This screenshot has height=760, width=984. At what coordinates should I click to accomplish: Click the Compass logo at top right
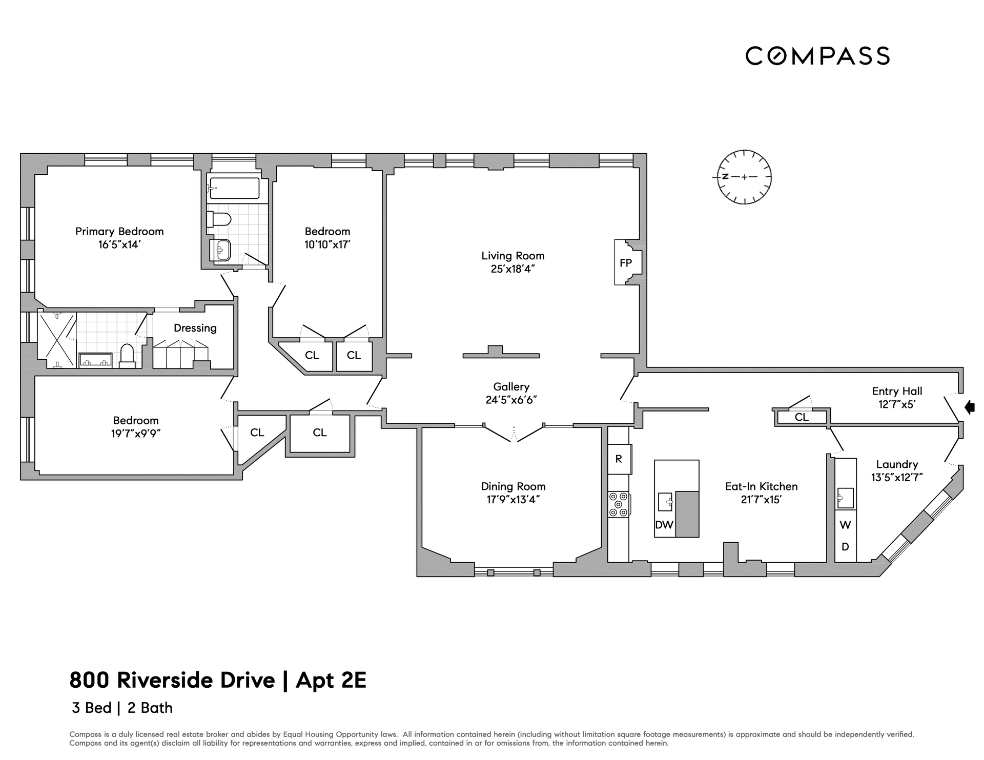click(x=817, y=55)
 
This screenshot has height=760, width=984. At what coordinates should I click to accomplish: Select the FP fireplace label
click(x=626, y=263)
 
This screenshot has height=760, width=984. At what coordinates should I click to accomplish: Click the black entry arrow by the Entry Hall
click(x=969, y=407)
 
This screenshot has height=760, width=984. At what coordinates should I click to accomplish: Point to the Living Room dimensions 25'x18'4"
click(x=512, y=269)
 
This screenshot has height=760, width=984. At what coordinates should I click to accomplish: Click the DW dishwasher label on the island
click(x=664, y=525)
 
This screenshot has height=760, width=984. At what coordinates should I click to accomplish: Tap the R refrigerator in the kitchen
click(x=619, y=459)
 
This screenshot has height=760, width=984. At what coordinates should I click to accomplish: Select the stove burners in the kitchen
click(x=619, y=504)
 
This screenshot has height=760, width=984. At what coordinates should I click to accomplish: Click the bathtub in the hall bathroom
click(x=235, y=188)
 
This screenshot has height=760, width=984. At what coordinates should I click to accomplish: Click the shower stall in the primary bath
click(x=57, y=340)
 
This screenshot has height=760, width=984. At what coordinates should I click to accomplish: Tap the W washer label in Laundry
click(x=845, y=525)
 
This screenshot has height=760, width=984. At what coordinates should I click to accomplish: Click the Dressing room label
click(x=195, y=328)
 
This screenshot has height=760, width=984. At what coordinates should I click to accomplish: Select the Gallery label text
click(x=511, y=387)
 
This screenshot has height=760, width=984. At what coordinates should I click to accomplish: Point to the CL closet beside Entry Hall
click(x=802, y=418)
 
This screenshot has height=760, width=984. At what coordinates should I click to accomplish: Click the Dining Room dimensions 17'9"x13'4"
click(x=513, y=500)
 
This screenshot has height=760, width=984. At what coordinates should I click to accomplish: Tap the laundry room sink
click(x=845, y=498)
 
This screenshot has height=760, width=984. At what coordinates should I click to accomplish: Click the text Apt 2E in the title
click(x=331, y=681)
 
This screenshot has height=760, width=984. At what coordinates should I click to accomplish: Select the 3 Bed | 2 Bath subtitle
click(x=122, y=708)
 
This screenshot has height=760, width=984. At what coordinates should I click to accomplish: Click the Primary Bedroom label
click(x=119, y=232)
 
